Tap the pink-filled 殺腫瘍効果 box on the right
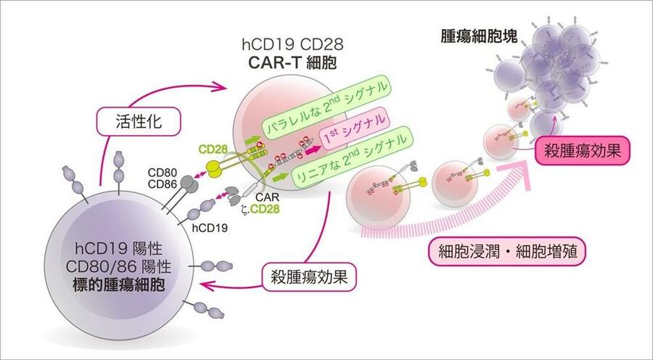click(580, 151)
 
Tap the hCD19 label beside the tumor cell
click(207, 226)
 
